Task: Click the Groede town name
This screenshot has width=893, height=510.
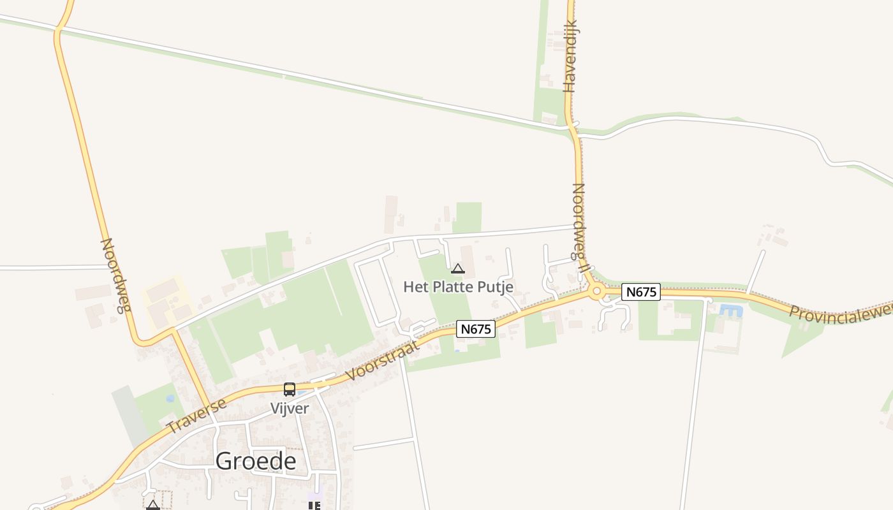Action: [x=256, y=461]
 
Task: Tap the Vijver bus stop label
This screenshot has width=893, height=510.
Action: [x=289, y=409]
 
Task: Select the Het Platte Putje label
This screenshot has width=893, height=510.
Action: [x=458, y=287]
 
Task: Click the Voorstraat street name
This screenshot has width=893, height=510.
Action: [x=383, y=360]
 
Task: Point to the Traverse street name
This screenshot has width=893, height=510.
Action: [x=196, y=416]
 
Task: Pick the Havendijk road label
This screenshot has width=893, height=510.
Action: [x=570, y=56]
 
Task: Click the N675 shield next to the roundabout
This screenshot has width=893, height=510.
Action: [x=640, y=292]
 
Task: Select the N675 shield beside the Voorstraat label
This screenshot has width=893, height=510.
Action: [x=476, y=329]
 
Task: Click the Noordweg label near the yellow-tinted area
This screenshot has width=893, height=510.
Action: [x=115, y=275]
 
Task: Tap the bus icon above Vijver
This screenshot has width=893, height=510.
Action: [x=289, y=389]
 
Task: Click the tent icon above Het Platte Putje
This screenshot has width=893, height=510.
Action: [x=458, y=269]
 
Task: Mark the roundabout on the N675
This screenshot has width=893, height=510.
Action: [x=597, y=292]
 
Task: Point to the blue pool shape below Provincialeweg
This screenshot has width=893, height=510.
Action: [x=731, y=311]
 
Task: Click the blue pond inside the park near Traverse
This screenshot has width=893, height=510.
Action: [x=170, y=399]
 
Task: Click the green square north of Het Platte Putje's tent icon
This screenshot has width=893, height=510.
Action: [x=468, y=217]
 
